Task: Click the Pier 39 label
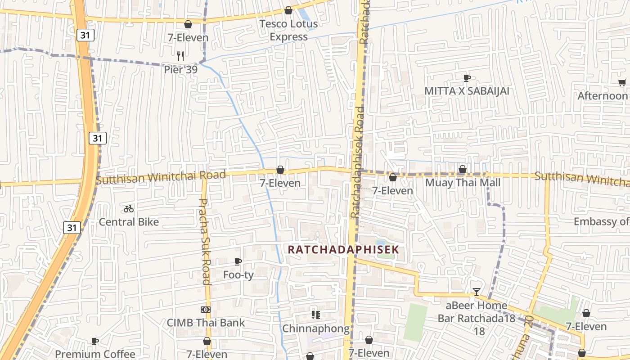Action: [180, 70]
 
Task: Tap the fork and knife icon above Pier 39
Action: [180, 56]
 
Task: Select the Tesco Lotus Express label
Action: [288, 30]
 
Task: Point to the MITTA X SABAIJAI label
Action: [467, 91]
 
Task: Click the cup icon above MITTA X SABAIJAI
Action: [467, 78]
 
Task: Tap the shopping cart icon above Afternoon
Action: [622, 82]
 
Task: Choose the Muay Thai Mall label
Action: [463, 183]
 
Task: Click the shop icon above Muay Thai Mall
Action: [462, 169]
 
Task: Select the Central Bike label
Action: [129, 222]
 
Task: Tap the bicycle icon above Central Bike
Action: [129, 209]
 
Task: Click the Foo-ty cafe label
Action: [238, 274]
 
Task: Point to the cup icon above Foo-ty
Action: [238, 261]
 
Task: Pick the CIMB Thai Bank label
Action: [206, 323]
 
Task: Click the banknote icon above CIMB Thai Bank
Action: [205, 310]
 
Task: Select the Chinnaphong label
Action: [315, 328]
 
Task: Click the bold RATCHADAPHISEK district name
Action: [343, 249]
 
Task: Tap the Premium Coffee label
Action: [95, 354]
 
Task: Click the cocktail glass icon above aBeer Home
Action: [476, 292]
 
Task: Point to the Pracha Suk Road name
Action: [205, 242]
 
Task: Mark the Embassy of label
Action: [601, 221]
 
